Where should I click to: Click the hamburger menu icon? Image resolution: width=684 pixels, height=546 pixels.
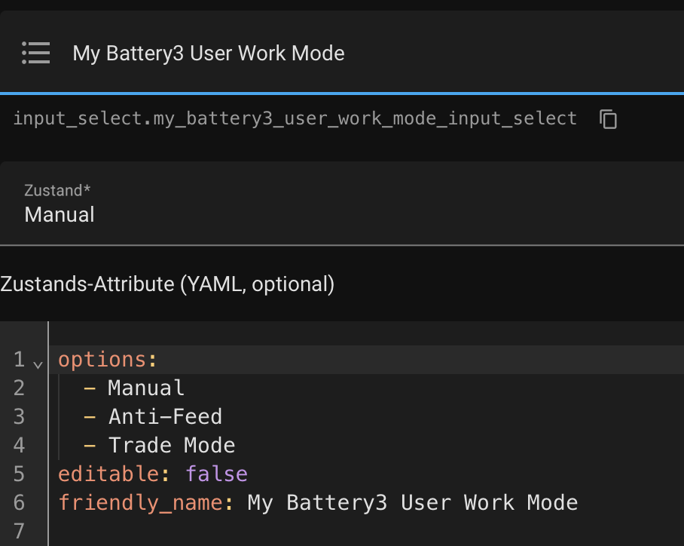tap(35, 53)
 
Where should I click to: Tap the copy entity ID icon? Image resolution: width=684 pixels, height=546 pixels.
tap(608, 119)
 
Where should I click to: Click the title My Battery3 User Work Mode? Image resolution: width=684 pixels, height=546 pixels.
tap(209, 54)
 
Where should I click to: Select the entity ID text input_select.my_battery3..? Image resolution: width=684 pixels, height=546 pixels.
tap(295, 118)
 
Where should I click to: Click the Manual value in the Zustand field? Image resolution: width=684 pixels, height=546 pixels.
tap(60, 215)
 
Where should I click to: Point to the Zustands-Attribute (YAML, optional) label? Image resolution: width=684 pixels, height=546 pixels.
tap(167, 284)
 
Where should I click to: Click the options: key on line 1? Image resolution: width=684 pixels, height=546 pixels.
tap(108, 360)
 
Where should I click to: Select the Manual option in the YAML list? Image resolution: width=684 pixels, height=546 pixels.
tap(146, 388)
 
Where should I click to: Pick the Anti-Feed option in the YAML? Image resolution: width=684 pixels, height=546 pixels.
tap(165, 417)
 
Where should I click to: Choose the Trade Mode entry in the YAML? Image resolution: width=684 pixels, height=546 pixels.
tap(172, 446)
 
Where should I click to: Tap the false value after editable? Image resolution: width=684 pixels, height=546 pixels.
tap(217, 474)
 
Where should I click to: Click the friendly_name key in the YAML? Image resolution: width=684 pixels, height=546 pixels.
tap(139, 503)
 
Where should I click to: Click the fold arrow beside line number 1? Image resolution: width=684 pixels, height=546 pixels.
tap(38, 363)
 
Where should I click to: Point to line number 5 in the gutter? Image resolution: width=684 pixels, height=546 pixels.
tap(20, 474)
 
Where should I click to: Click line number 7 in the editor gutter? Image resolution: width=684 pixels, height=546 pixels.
tap(20, 532)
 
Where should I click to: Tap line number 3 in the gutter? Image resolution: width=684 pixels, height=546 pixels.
tap(20, 417)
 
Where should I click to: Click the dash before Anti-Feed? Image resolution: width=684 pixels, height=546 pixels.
tap(90, 417)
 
